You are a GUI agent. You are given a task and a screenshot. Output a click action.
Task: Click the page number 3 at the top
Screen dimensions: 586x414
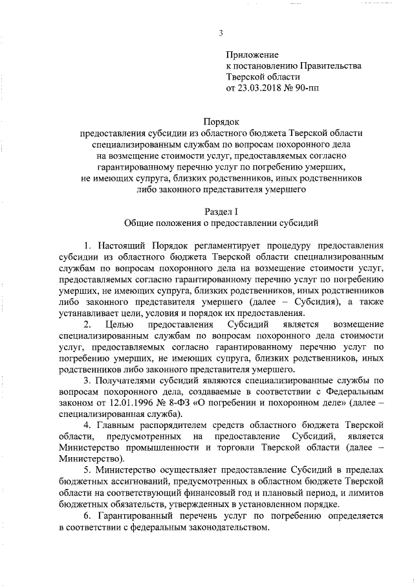[221, 33]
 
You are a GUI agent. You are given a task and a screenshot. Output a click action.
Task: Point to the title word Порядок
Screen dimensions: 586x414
[221, 121]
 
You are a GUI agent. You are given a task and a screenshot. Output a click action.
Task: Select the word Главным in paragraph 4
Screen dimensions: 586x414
[119, 424]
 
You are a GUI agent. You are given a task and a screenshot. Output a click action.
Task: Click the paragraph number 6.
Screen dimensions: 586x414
[88, 517]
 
